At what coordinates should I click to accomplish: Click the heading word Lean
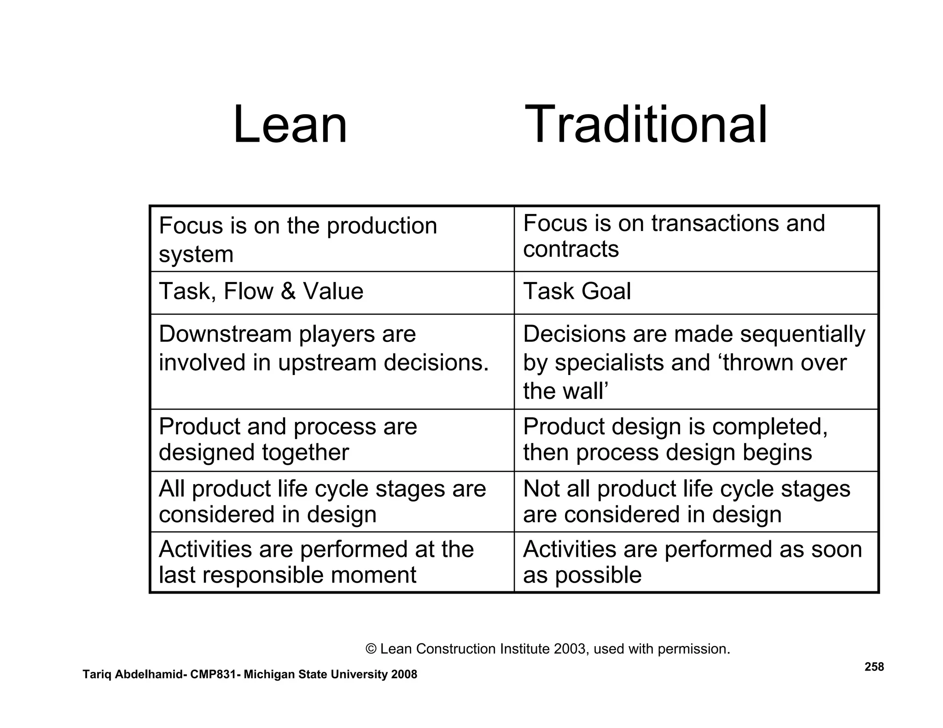[x=290, y=125]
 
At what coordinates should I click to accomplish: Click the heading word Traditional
[x=646, y=125]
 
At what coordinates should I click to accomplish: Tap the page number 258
[x=874, y=667]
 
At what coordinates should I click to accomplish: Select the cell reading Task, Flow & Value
[x=261, y=291]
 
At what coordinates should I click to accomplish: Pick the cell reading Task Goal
[x=577, y=291]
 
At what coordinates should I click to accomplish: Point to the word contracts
[x=571, y=249]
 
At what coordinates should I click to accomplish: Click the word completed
[x=769, y=427]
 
